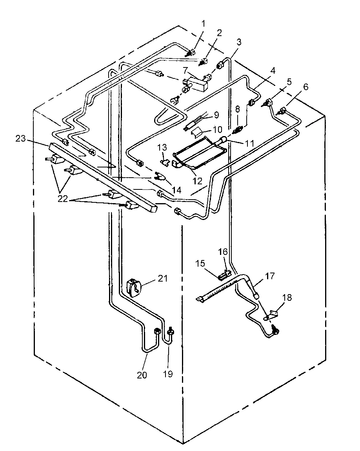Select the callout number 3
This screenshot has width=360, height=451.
tap(238, 42)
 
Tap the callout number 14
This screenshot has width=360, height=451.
tap(178, 190)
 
